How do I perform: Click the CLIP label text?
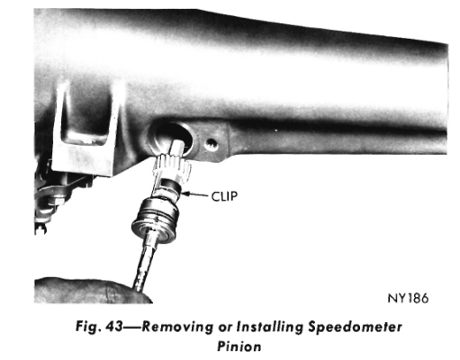[224, 196]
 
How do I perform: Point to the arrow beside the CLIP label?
[194, 194]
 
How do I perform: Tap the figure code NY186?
[408, 298]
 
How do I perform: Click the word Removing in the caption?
[177, 327]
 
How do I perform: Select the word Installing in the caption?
[270, 327]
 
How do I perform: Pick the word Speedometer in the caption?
[355, 327]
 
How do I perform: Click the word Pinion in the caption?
[239, 346]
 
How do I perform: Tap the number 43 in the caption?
[114, 327]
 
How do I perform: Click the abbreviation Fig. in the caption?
[88, 327]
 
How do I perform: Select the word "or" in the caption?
[225, 328]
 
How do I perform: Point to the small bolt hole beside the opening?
[211, 145]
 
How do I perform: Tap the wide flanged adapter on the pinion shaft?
[156, 217]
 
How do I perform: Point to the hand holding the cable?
[90, 291]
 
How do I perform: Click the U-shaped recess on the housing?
[85, 120]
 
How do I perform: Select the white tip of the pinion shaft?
[177, 148]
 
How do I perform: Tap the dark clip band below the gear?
[171, 185]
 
